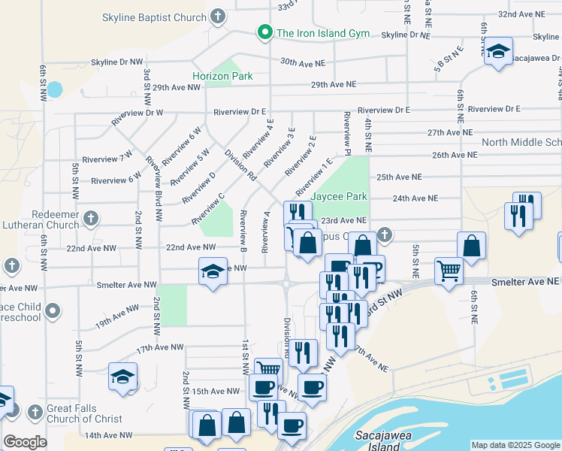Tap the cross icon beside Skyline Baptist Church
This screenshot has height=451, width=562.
tap(218, 16)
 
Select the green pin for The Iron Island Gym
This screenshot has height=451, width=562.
tap(264, 32)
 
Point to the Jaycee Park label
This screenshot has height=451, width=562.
tap(340, 197)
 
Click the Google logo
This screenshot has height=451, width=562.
tap(26, 442)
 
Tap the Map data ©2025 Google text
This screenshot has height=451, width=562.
tap(515, 445)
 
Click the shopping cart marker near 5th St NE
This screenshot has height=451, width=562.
tap(449, 270)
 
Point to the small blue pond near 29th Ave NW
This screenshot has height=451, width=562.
tap(54, 89)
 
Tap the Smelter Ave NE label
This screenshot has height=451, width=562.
tap(526, 280)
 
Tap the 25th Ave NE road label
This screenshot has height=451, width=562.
tap(399, 177)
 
